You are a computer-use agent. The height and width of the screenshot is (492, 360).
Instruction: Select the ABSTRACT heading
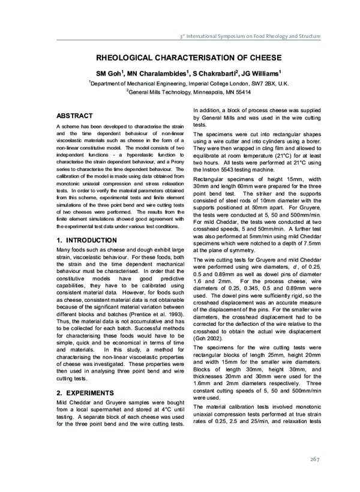coord(74,115)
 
